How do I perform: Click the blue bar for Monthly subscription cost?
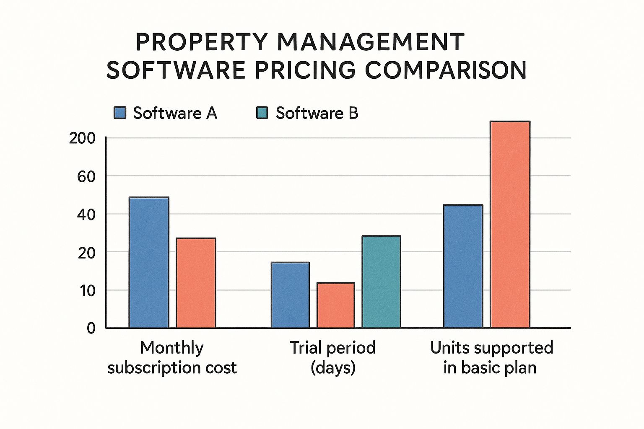point(149,262)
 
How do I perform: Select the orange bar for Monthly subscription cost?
point(196,283)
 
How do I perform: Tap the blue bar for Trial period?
point(290,295)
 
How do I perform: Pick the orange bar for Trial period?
point(335,305)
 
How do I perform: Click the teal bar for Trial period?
point(381,282)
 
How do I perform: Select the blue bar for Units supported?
point(463,266)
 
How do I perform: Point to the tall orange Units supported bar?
point(510,225)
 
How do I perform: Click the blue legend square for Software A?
point(120,113)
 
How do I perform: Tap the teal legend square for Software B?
point(262,113)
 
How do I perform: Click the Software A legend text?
point(175,113)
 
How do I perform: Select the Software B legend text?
point(317,113)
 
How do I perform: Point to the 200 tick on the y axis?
point(82,138)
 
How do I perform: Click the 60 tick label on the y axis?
point(86,176)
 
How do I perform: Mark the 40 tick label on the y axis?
point(86,214)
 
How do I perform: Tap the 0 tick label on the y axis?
point(91,328)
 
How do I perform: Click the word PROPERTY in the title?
point(201,42)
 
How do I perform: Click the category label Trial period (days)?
point(333,357)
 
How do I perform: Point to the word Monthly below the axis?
point(171,348)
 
